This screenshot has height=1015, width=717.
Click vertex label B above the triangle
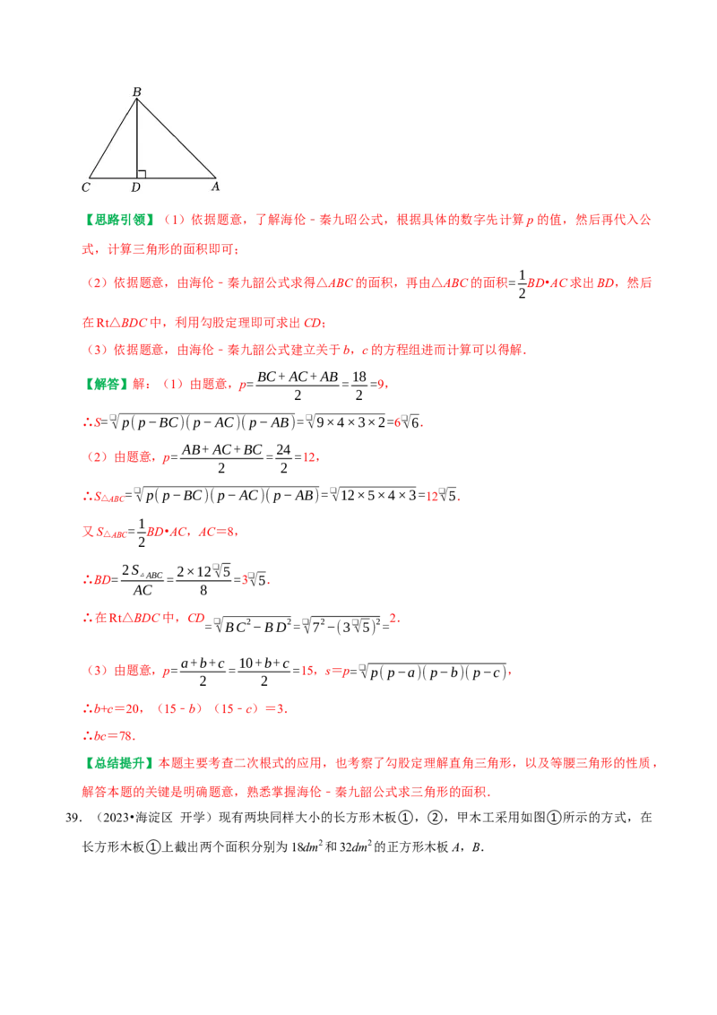coord(137,91)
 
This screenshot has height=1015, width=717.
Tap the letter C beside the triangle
coord(85,187)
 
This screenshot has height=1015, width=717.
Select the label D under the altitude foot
coord(135,187)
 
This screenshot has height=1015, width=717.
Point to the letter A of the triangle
coord(215,187)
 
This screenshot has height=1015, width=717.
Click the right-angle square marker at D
coord(141,173)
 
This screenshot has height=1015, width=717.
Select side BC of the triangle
coord(113,138)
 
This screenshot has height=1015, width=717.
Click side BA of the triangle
coord(177,138)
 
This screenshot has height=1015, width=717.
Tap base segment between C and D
coord(113,178)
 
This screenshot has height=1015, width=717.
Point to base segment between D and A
coord(177,178)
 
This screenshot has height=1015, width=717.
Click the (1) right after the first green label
coord(175,220)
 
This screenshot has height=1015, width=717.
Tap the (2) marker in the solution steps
coord(97,457)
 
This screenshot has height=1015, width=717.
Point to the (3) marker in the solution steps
coord(97,671)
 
